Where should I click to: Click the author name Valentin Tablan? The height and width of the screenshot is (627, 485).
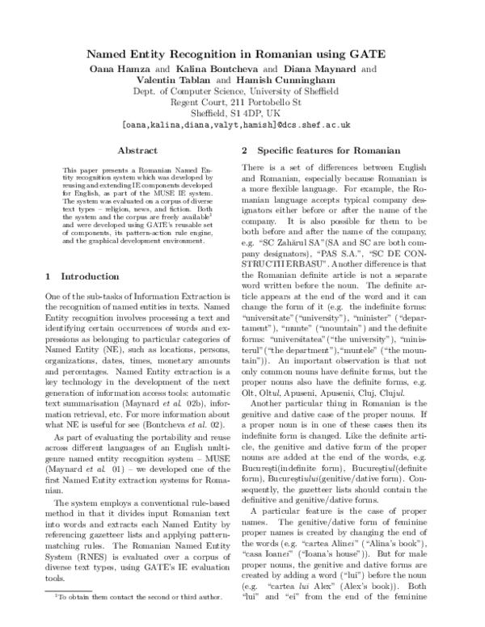[175, 83]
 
